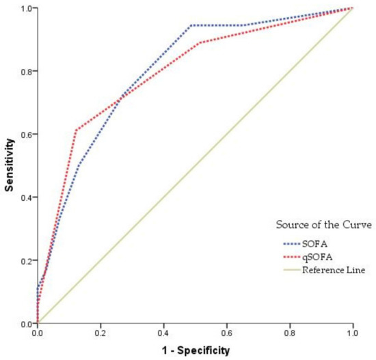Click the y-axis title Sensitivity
pos(9,165)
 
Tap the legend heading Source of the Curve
pos(323,225)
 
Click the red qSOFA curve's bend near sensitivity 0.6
pos(76,130)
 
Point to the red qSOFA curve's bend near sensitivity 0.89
pos(198,43)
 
